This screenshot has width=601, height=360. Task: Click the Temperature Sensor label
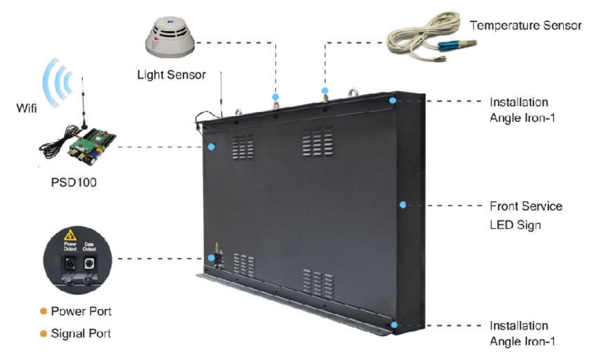coord(526,26)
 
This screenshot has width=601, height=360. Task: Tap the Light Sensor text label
coord(171,74)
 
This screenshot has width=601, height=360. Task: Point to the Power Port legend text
coord(81,311)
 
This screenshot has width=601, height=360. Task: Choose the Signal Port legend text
coord(81,333)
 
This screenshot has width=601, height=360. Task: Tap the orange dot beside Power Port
coord(43,311)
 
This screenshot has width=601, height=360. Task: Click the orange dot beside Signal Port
coord(43,333)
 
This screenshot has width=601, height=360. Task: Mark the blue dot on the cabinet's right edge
coord(403,205)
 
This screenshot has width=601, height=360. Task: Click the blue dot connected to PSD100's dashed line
coord(211,147)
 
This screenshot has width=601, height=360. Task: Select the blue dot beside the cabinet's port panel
coord(211,258)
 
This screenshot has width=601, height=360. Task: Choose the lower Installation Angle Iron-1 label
coord(518,334)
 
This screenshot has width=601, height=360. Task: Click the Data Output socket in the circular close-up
coord(89,264)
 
